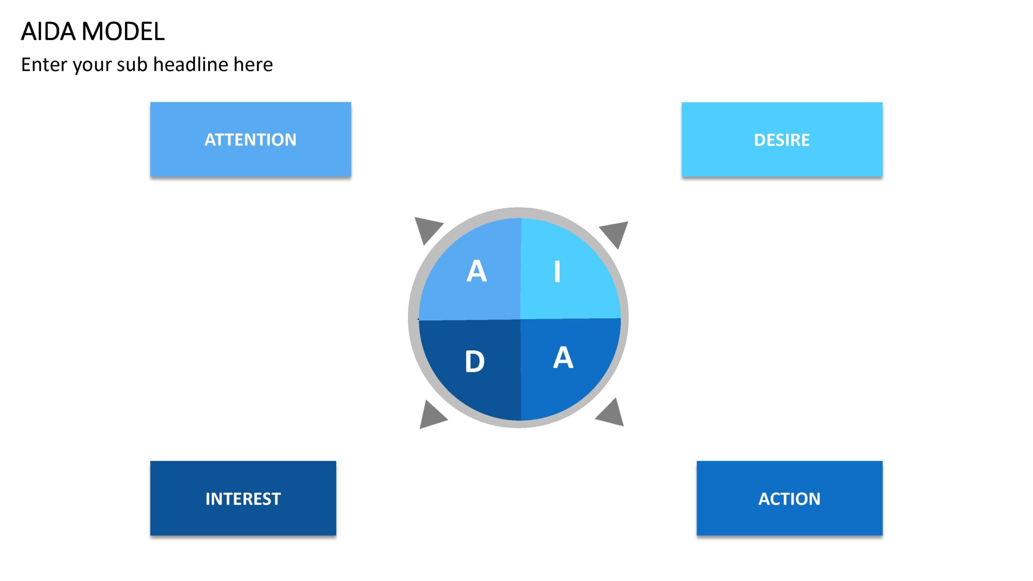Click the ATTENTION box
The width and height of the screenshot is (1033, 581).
pos(251,139)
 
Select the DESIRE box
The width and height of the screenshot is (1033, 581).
pos(782,139)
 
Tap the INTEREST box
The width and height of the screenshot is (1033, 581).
pos(243,498)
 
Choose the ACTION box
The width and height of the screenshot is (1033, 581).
pos(789,498)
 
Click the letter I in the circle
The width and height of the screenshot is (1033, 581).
pos(557,271)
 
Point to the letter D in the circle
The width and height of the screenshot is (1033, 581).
pos(475,361)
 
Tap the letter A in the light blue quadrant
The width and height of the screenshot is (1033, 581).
pos(477,271)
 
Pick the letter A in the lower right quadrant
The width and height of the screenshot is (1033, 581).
pos(563,357)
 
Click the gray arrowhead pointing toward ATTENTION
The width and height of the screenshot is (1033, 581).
pos(426,228)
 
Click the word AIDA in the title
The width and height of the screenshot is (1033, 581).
pos(48,31)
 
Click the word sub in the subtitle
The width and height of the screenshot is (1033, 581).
pos(132,64)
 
